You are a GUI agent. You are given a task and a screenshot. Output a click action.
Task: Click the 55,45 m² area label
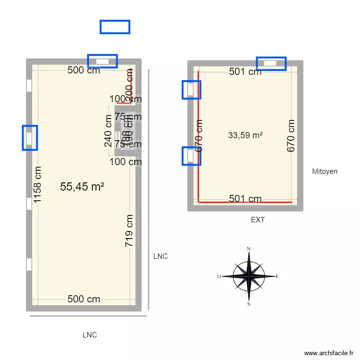pos(82,187)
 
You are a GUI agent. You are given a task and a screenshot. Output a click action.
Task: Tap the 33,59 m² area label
pos(245,136)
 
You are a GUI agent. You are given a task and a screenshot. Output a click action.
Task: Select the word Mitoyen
pos(324,171)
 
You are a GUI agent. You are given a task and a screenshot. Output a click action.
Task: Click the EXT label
pos(258,220)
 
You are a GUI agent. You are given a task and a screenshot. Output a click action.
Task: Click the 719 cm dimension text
pos(129,231)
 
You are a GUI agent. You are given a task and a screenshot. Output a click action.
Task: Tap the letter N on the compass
pos(249,249)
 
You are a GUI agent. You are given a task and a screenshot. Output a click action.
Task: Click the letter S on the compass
pos(249,304)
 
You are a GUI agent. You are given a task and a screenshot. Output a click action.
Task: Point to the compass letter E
pos(277,276)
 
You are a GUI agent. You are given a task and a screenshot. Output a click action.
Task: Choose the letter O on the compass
pos(219,276)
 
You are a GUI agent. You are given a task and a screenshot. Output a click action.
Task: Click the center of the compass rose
pos(249,276)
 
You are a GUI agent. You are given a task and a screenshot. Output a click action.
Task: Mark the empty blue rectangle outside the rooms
pos(115,27)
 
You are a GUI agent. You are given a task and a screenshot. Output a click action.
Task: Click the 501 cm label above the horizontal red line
pos(245,198)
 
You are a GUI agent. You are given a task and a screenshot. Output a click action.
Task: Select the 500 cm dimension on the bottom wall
pos(84,299)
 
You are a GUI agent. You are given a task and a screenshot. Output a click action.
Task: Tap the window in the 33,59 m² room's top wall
pos(271,63)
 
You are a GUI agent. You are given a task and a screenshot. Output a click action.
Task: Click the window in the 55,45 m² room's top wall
pos(102,61)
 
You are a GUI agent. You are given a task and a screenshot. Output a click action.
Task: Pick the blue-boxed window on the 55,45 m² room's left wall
pos(30,138)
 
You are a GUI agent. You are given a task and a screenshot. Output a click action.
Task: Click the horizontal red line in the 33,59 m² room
pos(245,203)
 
